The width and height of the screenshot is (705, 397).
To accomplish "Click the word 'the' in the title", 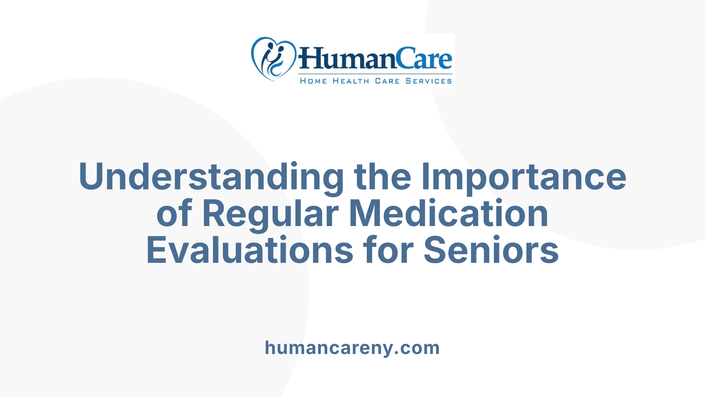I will tap(382, 177).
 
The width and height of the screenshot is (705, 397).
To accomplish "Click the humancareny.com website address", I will tap(352, 348).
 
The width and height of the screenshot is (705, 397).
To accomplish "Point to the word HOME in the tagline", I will tap(313, 81).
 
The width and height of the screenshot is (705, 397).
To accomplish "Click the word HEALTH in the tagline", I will tap(351, 81).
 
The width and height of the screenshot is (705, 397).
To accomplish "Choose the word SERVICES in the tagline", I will tap(429, 81).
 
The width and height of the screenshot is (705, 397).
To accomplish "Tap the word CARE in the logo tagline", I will tap(387, 81).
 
